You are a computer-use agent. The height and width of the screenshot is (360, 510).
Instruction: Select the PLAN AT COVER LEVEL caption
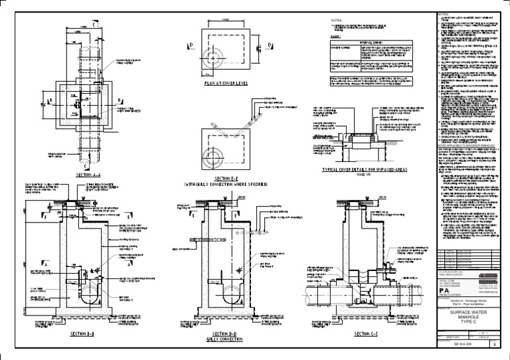229,84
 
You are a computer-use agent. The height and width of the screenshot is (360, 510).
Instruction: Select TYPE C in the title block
469,323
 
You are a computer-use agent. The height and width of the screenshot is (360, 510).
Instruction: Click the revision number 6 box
492,345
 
